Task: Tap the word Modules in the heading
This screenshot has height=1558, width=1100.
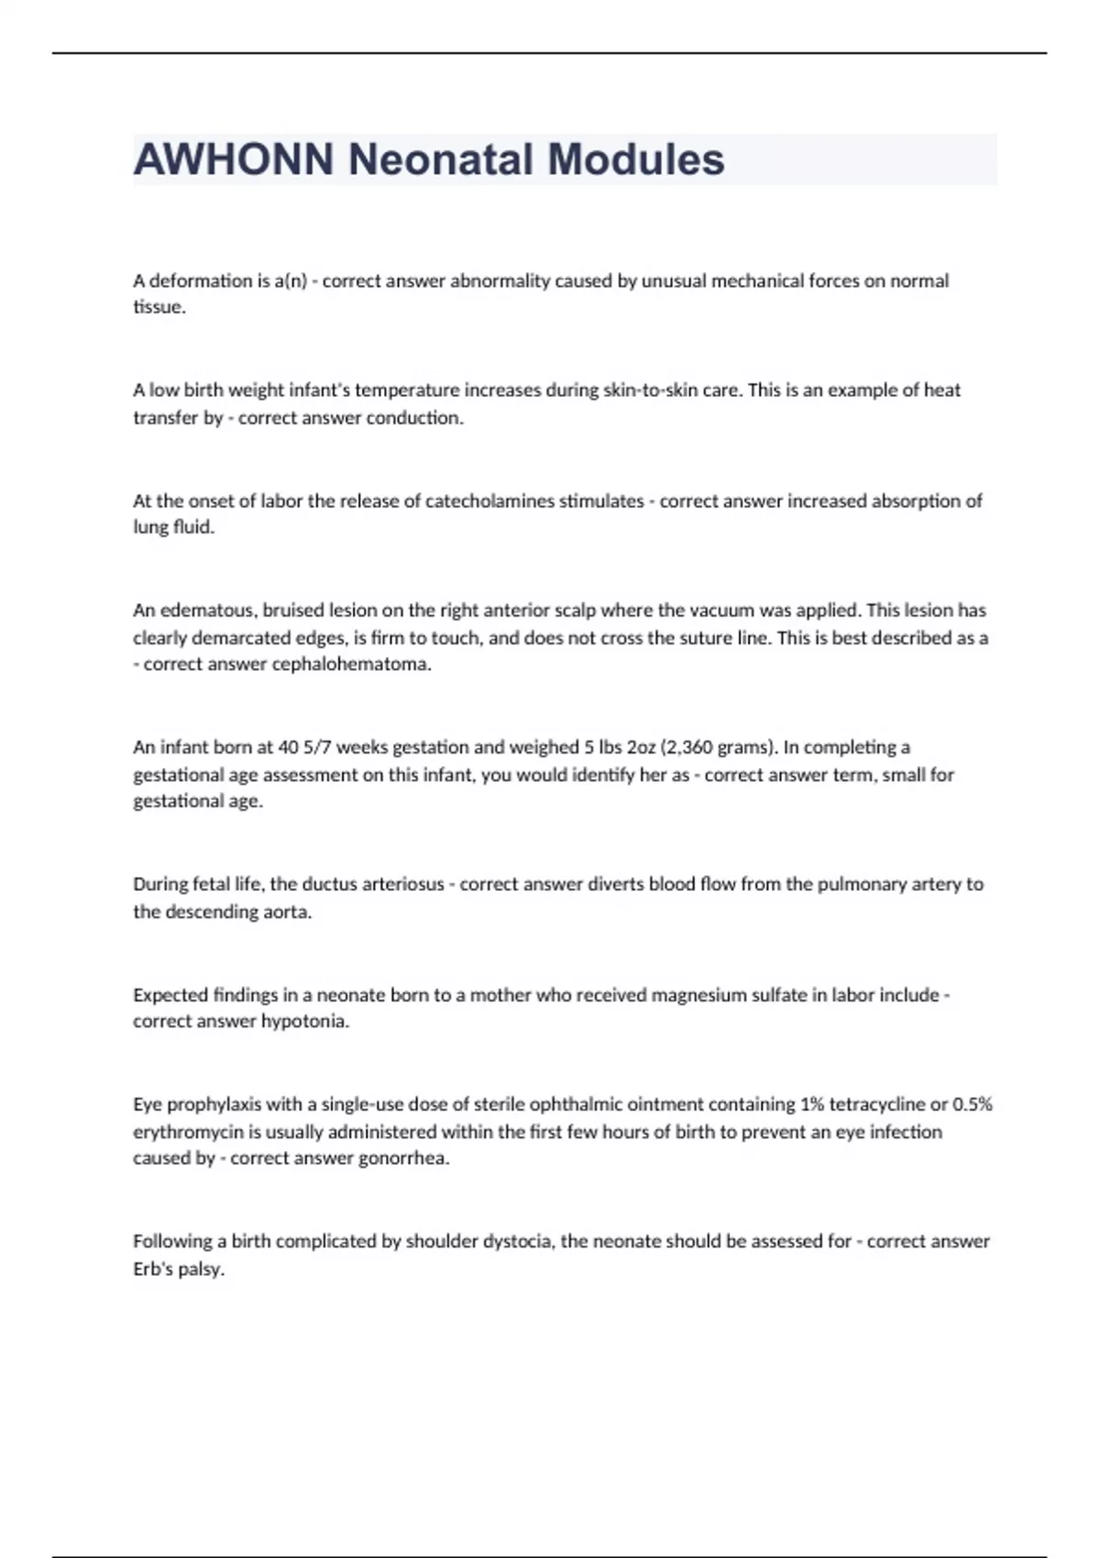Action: click(636, 159)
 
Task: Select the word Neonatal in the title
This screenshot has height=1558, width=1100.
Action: click(440, 159)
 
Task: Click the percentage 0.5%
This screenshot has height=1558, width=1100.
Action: click(973, 1104)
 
